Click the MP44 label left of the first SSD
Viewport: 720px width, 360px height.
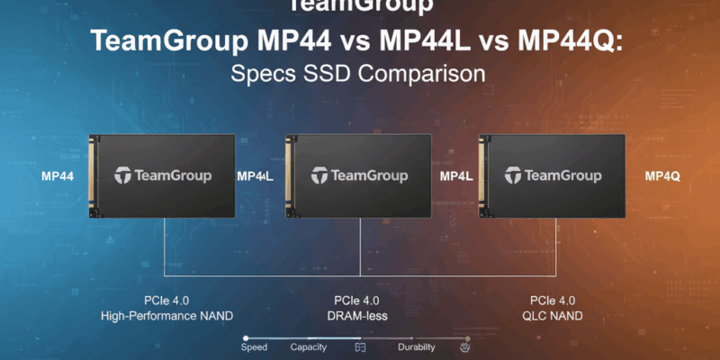tap(57, 176)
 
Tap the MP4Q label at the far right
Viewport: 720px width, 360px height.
tap(662, 176)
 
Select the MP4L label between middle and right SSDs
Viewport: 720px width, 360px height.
tap(456, 176)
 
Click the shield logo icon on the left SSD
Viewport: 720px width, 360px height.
tap(123, 175)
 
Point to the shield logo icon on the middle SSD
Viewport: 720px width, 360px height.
tap(319, 175)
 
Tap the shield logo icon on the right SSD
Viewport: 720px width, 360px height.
tap(513, 175)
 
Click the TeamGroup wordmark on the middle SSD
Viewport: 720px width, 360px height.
tap(369, 175)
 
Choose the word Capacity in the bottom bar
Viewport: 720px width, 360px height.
tap(309, 346)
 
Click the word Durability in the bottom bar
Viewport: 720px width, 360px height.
tap(417, 346)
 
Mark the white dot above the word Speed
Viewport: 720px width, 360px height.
tap(246, 338)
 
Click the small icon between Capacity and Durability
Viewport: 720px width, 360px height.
tap(361, 346)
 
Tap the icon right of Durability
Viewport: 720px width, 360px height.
tap(465, 346)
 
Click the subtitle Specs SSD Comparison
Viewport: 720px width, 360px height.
tap(360, 73)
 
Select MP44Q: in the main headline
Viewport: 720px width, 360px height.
tap(573, 41)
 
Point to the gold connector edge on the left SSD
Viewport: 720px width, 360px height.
tap(91, 176)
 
